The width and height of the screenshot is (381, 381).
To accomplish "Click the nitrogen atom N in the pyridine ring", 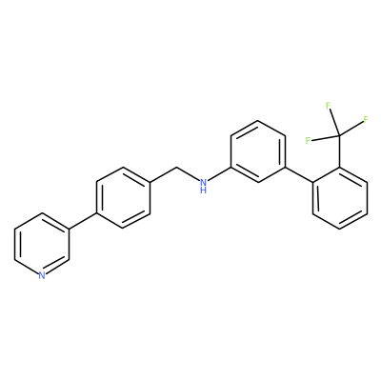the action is pyautogui.click(x=42, y=275).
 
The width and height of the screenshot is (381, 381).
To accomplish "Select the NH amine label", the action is pyautogui.click(x=204, y=186).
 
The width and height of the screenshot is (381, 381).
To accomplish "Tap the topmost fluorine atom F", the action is pyautogui.click(x=329, y=106).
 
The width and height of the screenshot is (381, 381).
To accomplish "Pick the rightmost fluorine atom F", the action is pyautogui.click(x=366, y=120).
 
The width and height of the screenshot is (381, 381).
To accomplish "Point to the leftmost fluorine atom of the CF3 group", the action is pyautogui.click(x=308, y=141).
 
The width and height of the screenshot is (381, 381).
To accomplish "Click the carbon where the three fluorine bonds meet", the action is pyautogui.click(x=339, y=136).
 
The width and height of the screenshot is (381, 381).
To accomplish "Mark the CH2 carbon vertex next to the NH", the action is pyautogui.click(x=176, y=167).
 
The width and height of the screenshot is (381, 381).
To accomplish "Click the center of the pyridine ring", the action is pyautogui.click(x=42, y=244).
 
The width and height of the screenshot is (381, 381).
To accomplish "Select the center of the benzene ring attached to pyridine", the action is pyautogui.click(x=123, y=197).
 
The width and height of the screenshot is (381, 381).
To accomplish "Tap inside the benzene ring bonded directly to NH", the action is pyautogui.click(x=258, y=151).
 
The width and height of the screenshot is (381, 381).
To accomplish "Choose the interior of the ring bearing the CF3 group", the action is pyautogui.click(x=340, y=197).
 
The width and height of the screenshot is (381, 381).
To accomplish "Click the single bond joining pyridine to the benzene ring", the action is pyautogui.click(x=82, y=221).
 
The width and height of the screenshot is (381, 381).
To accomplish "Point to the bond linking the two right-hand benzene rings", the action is pyautogui.click(x=299, y=174).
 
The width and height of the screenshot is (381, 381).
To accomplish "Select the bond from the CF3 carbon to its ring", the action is pyautogui.click(x=339, y=151).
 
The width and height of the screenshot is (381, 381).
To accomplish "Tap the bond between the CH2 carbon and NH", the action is pyautogui.click(x=188, y=173).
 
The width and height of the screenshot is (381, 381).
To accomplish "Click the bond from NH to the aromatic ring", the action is pyautogui.click(x=220, y=174).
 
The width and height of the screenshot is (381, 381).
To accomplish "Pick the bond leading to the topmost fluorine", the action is pyautogui.click(x=334, y=123).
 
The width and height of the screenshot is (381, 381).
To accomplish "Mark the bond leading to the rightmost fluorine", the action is pyautogui.click(x=351, y=129).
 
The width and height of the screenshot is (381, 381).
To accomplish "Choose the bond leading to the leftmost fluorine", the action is pyautogui.click(x=325, y=138).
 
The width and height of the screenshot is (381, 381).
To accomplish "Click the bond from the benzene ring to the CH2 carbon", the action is pyautogui.click(x=163, y=174).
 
